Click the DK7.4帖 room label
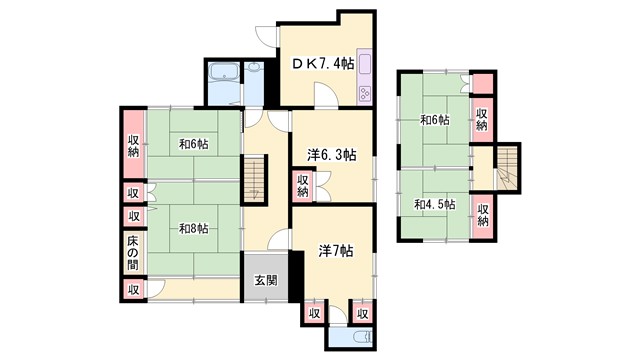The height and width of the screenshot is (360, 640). (x=323, y=64)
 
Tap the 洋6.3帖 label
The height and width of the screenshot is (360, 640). (x=331, y=155)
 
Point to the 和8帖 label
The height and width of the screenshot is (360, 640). (x=193, y=229)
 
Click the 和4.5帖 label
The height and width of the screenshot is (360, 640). (x=435, y=204)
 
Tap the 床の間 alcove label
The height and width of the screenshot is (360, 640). (x=133, y=251)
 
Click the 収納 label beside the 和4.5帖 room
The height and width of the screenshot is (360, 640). (x=483, y=213)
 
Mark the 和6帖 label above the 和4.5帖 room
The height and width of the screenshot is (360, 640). (x=434, y=121)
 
